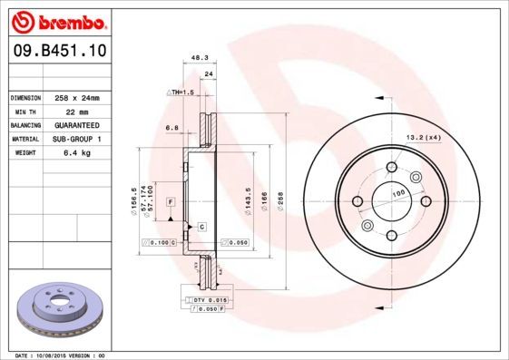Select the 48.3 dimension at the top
195,59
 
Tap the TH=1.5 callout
182,92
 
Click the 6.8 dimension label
171,128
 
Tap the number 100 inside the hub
396,194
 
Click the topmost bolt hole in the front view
391,167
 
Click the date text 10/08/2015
58,355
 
